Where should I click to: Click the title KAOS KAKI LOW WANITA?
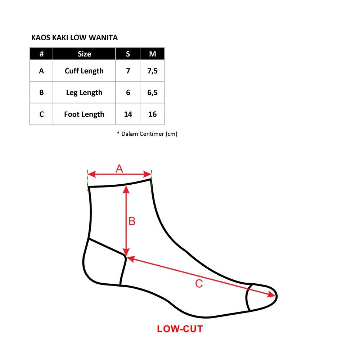pyautogui.click(x=75, y=37)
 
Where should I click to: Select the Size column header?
pyautogui.click(x=84, y=54)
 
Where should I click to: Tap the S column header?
pyautogui.click(x=128, y=54)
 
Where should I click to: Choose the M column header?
pyautogui.click(x=153, y=54)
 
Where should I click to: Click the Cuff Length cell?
pyautogui.click(x=84, y=71)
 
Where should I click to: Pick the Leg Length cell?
pyautogui.click(x=84, y=93)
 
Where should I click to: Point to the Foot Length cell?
pyautogui.click(x=84, y=114)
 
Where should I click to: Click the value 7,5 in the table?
pyautogui.click(x=153, y=71)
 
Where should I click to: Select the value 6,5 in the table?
pyautogui.click(x=153, y=93)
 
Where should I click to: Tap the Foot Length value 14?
pyautogui.click(x=128, y=114)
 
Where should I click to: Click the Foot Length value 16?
pyautogui.click(x=153, y=114)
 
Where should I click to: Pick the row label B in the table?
pyautogui.click(x=41, y=93)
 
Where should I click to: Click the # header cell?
pyautogui.click(x=41, y=54)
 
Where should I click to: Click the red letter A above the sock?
pyautogui.click(x=119, y=168)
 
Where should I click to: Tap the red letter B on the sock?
pyautogui.click(x=132, y=221)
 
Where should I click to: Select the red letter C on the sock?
pyautogui.click(x=199, y=284)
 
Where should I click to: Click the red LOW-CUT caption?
pyautogui.click(x=180, y=329)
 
